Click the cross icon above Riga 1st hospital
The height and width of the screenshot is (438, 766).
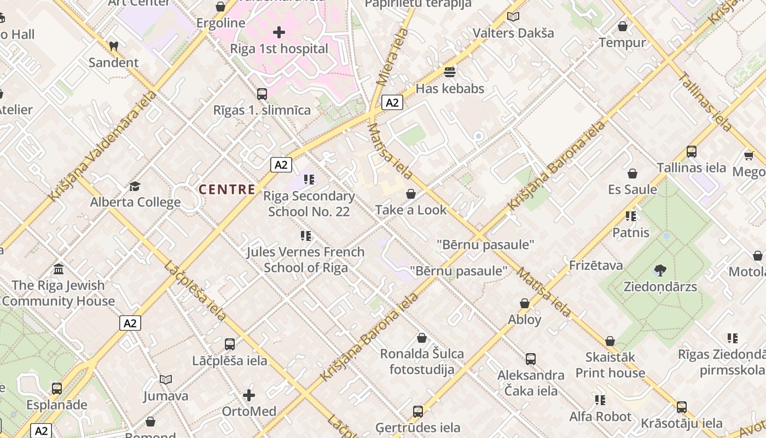pyautogui.click(x=279, y=32)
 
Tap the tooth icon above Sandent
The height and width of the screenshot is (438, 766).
pyautogui.click(x=114, y=47)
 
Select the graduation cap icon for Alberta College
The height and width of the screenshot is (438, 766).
pyautogui.click(x=135, y=186)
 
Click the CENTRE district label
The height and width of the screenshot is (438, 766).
pyautogui.click(x=227, y=190)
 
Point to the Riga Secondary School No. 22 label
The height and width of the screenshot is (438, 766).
pyautogui.click(x=309, y=204)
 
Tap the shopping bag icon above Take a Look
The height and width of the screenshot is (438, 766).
pyautogui.click(x=411, y=194)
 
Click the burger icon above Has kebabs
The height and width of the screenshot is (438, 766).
pyautogui.click(x=450, y=72)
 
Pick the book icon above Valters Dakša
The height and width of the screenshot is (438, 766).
pyautogui.click(x=513, y=17)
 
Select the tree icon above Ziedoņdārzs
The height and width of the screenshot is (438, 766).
pyautogui.click(x=660, y=270)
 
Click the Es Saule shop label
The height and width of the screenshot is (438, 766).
pyautogui.click(x=632, y=189)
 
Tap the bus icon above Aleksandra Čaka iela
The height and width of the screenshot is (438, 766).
pyautogui.click(x=530, y=359)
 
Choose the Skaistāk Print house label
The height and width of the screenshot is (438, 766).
pyautogui.click(x=610, y=365)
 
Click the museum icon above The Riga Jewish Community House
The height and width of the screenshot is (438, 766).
pyautogui.click(x=59, y=269)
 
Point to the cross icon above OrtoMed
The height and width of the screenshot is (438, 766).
pyautogui.click(x=249, y=395)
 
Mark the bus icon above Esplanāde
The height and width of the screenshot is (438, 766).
pyautogui.click(x=57, y=389)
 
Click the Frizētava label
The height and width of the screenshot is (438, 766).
pyautogui.click(x=596, y=266)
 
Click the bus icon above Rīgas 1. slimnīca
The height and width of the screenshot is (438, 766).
pyautogui.click(x=262, y=94)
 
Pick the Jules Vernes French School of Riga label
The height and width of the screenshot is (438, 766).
pyautogui.click(x=306, y=260)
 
